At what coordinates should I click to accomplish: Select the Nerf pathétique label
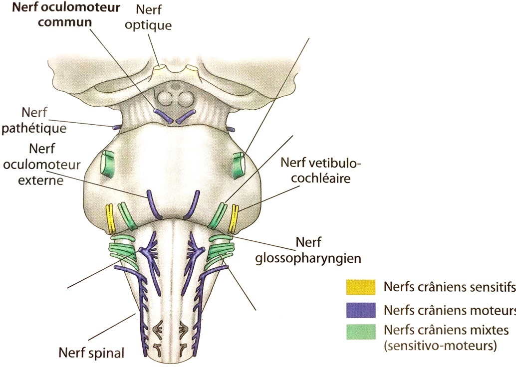click(34, 121)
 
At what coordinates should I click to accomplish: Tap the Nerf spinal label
click(91, 340)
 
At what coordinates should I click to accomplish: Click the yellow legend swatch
click(361, 287)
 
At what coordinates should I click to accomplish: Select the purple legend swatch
click(361, 310)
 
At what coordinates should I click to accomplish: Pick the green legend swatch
click(361, 332)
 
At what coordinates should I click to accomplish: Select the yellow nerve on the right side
click(233, 218)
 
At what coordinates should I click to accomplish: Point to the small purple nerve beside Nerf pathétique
click(117, 128)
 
